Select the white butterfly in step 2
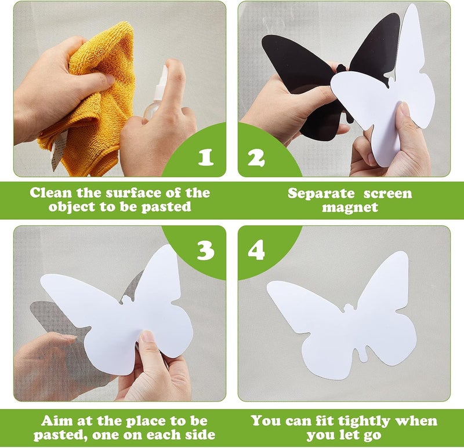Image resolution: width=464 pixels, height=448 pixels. tap(394, 93)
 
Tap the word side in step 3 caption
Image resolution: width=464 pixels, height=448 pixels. tap(201, 435)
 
